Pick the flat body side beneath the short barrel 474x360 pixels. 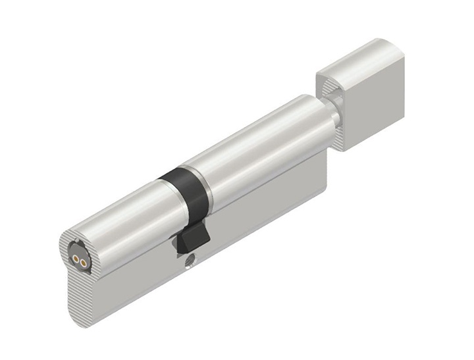point(132,276)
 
